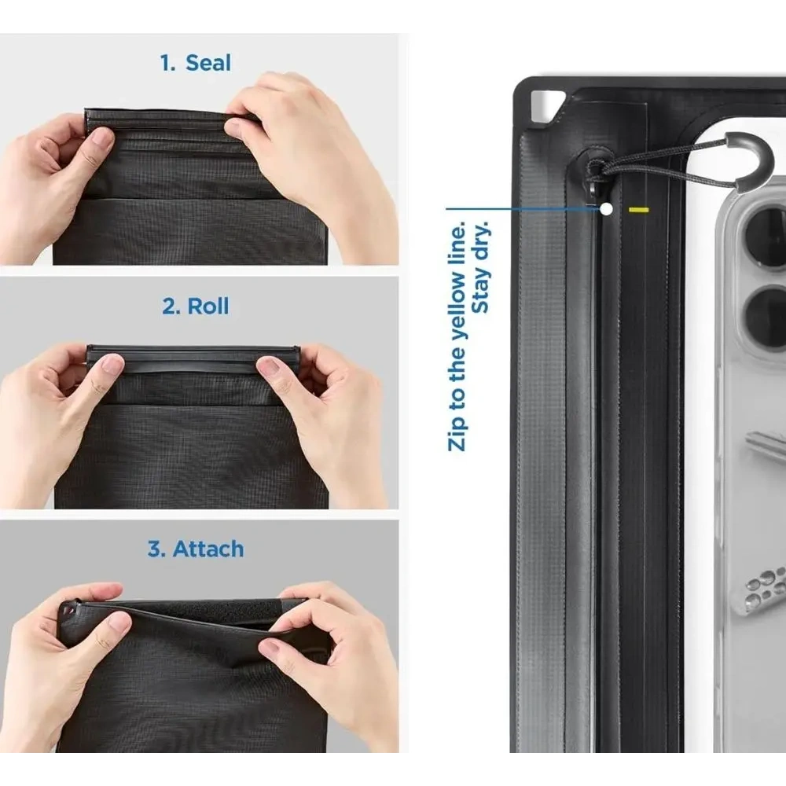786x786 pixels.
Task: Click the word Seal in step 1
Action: pos(208,63)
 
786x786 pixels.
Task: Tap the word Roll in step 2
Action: pos(208,306)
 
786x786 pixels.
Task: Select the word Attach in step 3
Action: pos(208,549)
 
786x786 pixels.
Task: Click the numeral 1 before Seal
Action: pos(166,63)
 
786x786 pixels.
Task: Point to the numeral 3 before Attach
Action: pos(155,549)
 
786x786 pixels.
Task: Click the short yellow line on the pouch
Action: pos(637,210)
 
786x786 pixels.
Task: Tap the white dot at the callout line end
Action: pos(606,209)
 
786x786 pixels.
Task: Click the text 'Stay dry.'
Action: pos(482,266)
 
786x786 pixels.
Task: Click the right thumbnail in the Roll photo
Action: pos(270,367)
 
